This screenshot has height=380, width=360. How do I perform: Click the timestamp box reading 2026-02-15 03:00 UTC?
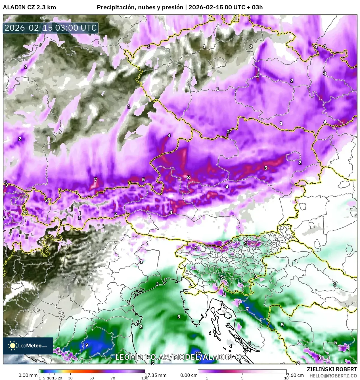51,28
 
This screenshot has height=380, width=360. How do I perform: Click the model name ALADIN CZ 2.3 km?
29,7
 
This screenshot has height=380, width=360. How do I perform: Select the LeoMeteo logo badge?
28,346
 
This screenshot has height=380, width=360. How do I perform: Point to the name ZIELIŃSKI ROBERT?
332,369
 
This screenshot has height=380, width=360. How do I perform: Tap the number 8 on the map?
188,177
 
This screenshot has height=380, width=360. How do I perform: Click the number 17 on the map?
198,354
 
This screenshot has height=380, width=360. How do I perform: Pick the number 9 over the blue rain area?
87,345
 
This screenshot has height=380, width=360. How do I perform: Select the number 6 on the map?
230,242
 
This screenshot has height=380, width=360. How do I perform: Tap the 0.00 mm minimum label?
28,375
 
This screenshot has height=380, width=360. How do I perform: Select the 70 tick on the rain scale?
113,378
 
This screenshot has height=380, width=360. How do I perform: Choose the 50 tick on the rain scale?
92,378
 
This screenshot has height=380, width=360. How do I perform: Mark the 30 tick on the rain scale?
70,378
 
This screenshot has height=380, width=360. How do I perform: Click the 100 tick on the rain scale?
145,378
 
